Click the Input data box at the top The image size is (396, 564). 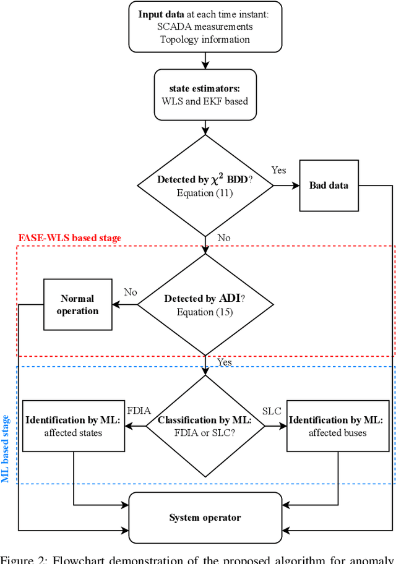tap(205, 27)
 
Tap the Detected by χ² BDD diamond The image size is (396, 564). tap(205, 186)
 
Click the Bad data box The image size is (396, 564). tap(329, 185)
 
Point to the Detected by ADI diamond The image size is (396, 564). tap(205, 305)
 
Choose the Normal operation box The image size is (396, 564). tap(77, 305)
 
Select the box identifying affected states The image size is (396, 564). tap(73, 426)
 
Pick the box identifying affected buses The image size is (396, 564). tap(337, 426)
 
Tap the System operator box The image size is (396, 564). tap(205, 517)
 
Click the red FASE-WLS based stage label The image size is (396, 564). tap(69, 238)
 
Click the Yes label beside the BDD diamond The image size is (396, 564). tap(279, 170)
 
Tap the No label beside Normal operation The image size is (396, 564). tap(130, 292)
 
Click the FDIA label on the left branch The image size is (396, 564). tap(139, 411)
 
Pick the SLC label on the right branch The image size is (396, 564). tap(272, 411)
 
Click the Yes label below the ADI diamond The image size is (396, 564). tap(224, 362)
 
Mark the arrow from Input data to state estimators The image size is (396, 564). tap(205, 60)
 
